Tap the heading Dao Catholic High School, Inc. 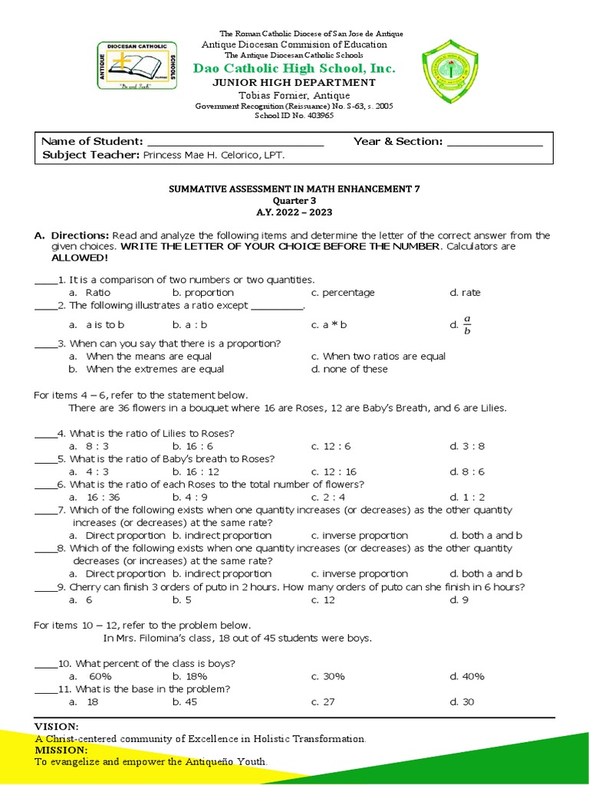click(x=294, y=69)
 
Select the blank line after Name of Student click(x=235, y=143)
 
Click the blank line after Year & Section click(x=495, y=143)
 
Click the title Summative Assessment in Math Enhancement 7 click(x=294, y=188)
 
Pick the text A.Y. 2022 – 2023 click(x=294, y=212)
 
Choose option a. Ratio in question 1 click(x=90, y=293)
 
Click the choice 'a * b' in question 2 click(x=330, y=325)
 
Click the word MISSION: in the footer click(x=61, y=750)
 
